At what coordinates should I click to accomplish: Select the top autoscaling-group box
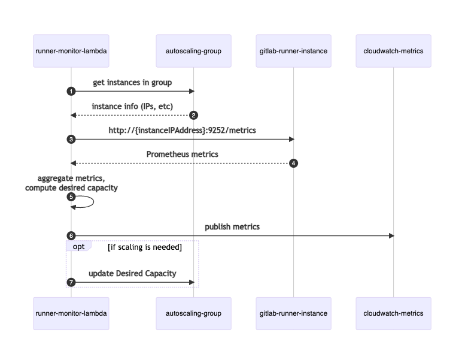pyautogui.click(x=193, y=51)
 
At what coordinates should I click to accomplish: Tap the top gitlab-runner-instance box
pyautogui.click(x=293, y=51)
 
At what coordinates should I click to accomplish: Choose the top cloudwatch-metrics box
pyautogui.click(x=393, y=51)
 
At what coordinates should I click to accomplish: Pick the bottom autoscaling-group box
pyautogui.click(x=193, y=313)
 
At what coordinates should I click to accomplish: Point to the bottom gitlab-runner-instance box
pyautogui.click(x=293, y=313)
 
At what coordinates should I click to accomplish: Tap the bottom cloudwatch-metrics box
pyautogui.click(x=393, y=313)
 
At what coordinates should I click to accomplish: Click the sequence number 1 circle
pyautogui.click(x=71, y=91)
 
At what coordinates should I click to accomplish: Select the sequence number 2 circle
pyautogui.click(x=193, y=115)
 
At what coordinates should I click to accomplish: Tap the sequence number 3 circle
pyautogui.click(x=71, y=139)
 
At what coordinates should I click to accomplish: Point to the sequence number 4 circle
pyautogui.click(x=293, y=163)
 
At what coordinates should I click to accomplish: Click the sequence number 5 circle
pyautogui.click(x=71, y=196)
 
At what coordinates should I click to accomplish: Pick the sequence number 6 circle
pyautogui.click(x=71, y=235)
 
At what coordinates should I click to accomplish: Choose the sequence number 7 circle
pyautogui.click(x=71, y=282)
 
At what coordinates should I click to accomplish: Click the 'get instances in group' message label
pyautogui.click(x=132, y=82)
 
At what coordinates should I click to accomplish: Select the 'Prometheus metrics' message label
pyautogui.click(x=183, y=154)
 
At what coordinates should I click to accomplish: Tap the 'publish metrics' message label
pyautogui.click(x=232, y=226)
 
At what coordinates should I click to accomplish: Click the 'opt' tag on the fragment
pyautogui.click(x=78, y=246)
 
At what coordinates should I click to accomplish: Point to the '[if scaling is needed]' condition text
pyautogui.click(x=144, y=247)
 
